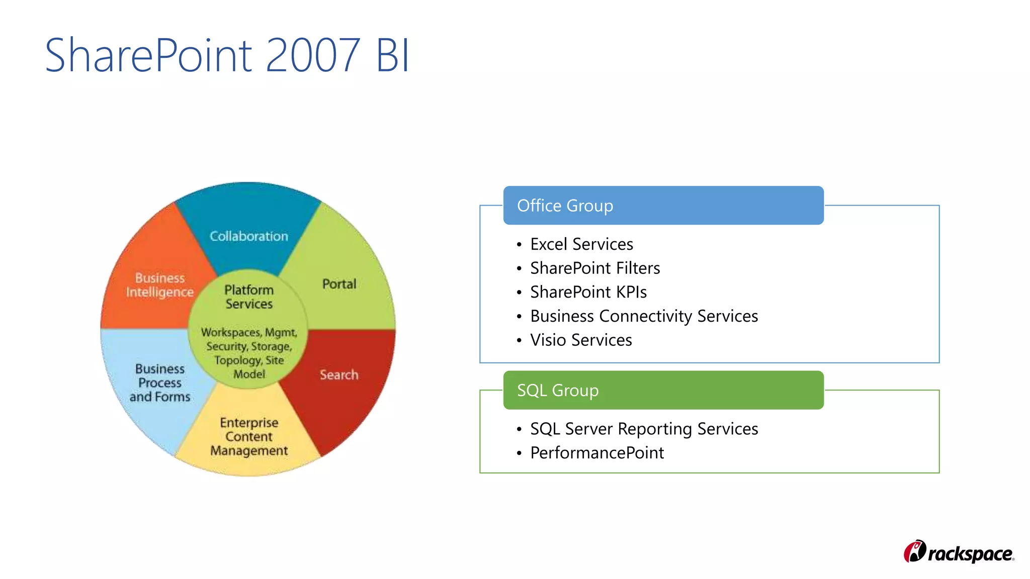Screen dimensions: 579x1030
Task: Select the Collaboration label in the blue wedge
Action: click(x=249, y=236)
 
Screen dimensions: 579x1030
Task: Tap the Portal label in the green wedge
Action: click(x=339, y=284)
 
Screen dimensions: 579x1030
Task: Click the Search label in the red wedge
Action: click(x=339, y=375)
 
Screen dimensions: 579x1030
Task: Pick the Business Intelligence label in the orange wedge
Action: click(x=160, y=285)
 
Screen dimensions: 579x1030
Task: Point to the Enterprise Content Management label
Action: click(x=249, y=437)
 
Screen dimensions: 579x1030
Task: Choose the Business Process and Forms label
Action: click(x=160, y=383)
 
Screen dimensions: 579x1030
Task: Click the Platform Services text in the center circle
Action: click(x=249, y=297)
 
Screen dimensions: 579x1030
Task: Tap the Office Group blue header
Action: click(x=663, y=206)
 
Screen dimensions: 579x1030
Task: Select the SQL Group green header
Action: click(x=663, y=391)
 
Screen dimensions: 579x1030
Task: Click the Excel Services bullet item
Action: click(x=581, y=244)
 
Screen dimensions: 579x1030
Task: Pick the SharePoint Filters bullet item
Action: click(x=595, y=268)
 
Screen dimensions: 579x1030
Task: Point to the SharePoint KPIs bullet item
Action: click(x=588, y=292)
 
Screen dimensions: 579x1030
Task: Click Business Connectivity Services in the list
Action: click(x=644, y=316)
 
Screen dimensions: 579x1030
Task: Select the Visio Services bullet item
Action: click(x=581, y=340)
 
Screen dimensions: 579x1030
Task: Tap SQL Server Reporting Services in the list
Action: click(x=644, y=429)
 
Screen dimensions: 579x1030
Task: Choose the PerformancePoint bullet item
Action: click(x=597, y=453)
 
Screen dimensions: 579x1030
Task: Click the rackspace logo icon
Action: click(x=915, y=552)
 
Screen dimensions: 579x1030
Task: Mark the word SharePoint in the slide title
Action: click(x=149, y=55)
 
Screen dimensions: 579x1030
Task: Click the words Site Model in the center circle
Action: click(x=256, y=367)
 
